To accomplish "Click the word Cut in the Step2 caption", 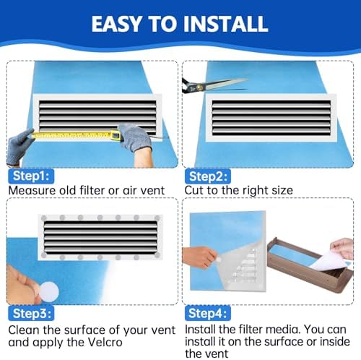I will click(x=195, y=191).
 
